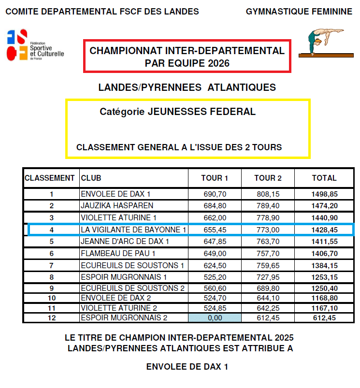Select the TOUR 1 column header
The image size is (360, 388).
pos(215,178)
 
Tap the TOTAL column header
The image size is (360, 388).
pos(324,178)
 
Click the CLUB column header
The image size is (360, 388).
pos(91,178)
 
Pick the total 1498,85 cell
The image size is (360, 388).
pos(324,194)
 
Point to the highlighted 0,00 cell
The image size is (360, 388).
pos(215,317)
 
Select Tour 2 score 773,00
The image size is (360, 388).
pos(268,230)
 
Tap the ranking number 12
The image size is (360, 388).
pos(52,317)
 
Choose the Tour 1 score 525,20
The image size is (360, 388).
pos(215,277)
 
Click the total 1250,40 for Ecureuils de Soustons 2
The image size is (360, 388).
pos(324,288)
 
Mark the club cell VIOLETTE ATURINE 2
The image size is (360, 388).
pos(119,308)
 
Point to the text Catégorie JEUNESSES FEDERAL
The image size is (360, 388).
pos(177,112)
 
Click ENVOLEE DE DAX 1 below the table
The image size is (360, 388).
pos(187,367)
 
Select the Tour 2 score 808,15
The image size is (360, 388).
pos(268,194)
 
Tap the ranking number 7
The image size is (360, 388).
pos(52,265)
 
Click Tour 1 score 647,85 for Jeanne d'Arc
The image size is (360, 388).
pos(215,241)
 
